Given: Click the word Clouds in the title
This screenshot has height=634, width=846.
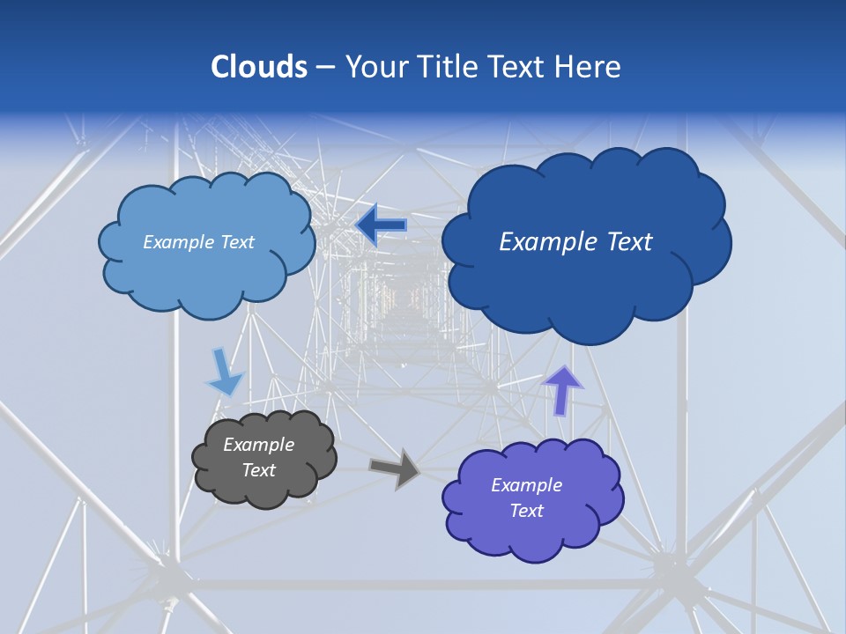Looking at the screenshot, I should (x=258, y=67).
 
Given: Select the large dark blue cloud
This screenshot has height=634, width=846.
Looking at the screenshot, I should (x=586, y=291).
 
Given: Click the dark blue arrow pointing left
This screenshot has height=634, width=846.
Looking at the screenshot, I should (x=382, y=226).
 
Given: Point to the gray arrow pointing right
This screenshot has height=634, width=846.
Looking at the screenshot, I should (x=396, y=468).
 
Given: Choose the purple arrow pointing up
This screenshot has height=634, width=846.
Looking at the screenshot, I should (x=562, y=389).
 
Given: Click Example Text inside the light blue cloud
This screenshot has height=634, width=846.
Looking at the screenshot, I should (x=198, y=242).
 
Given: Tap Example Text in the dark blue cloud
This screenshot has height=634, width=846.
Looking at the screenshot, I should (x=575, y=241).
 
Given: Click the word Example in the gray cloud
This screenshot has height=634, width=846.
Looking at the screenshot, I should (x=258, y=445).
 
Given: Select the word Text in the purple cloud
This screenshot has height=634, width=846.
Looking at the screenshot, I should (x=526, y=511).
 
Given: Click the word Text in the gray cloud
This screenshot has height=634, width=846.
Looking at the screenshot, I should (x=258, y=470).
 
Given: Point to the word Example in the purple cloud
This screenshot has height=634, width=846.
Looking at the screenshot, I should (x=526, y=485).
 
